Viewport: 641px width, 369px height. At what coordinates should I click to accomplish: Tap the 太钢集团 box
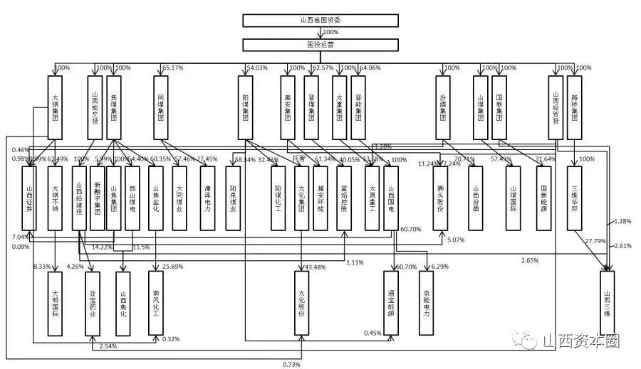pyautogui.click(x=57, y=107)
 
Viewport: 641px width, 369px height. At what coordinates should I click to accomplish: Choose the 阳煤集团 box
pyautogui.click(x=245, y=107)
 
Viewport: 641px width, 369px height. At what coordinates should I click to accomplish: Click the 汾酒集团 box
pyautogui.click(x=442, y=107)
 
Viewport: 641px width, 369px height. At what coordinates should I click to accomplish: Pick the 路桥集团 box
pyautogui.click(x=575, y=107)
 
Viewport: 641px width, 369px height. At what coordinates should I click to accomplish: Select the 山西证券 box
pyautogui.click(x=29, y=198)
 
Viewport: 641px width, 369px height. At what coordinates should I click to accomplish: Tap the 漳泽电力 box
pyautogui.click(x=207, y=198)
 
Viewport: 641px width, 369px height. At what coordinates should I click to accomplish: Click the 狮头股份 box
pyautogui.click(x=442, y=198)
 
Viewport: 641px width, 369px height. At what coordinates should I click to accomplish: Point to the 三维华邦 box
pyautogui.click(x=575, y=198)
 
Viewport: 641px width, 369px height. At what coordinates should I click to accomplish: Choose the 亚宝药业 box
pyautogui.click(x=93, y=303)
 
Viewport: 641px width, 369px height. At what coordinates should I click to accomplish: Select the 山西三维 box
pyautogui.click(x=608, y=303)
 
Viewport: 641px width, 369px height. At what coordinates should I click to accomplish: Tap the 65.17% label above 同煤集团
pyautogui.click(x=173, y=68)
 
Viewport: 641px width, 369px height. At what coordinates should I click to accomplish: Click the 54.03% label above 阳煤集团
pyautogui.click(x=256, y=68)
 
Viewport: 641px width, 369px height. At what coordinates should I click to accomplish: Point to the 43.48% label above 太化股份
pyautogui.click(x=316, y=267)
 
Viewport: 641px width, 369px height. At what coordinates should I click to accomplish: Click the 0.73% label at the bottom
pyautogui.click(x=292, y=365)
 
